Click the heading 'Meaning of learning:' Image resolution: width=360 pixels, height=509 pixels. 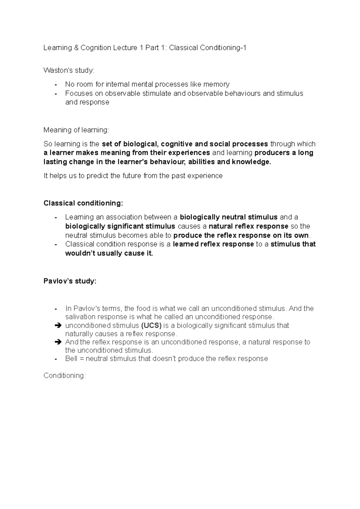tap(76, 130)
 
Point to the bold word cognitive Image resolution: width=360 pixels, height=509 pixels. tap(177, 144)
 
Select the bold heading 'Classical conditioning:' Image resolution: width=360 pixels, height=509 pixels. tap(83, 203)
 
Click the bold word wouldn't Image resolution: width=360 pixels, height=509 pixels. tap(80, 253)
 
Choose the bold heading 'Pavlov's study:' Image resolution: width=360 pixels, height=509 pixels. tap(70, 281)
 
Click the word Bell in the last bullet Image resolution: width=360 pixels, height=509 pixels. tap(71, 359)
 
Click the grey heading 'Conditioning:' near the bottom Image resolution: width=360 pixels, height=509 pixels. tap(64, 376)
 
